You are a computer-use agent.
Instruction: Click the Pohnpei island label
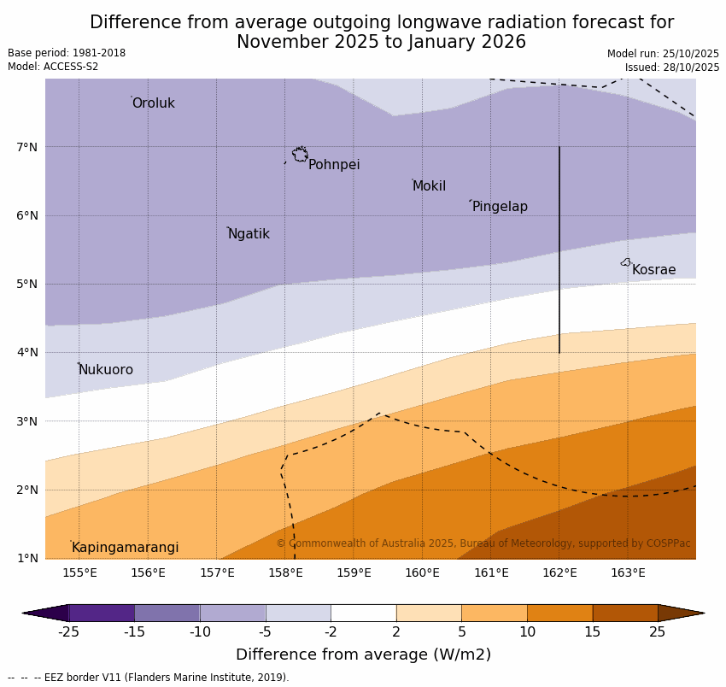(334, 165)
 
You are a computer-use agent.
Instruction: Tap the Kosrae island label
(653, 270)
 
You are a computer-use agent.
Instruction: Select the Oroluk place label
(153, 103)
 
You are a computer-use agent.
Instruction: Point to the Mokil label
(429, 186)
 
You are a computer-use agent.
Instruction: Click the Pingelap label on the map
(500, 207)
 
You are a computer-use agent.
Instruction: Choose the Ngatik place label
(249, 234)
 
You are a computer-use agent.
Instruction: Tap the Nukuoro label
(106, 370)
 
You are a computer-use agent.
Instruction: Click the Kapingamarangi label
(125, 548)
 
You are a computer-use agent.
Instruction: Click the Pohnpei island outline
(300, 155)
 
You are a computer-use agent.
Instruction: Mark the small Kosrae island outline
(626, 262)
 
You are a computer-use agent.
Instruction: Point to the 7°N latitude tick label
(27, 147)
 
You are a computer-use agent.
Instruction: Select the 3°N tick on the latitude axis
(27, 421)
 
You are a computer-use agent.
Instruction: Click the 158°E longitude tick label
(285, 572)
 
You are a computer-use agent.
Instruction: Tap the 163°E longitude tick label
(628, 572)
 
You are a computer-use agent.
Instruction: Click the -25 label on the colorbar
(68, 632)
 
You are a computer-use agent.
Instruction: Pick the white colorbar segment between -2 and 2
(363, 613)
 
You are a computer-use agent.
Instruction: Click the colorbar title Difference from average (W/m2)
(363, 655)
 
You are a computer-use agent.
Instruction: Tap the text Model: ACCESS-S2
(53, 67)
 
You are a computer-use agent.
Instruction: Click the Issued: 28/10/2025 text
(671, 68)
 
